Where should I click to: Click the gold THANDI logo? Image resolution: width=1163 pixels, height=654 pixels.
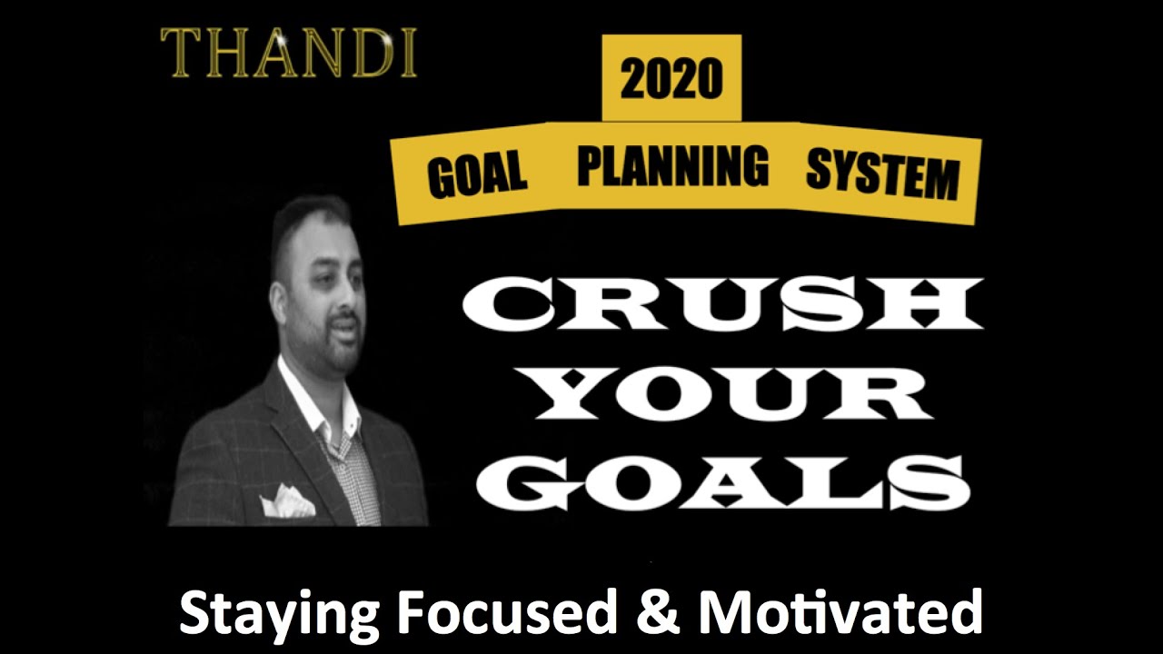tap(289, 53)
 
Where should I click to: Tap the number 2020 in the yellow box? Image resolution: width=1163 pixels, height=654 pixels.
tap(671, 81)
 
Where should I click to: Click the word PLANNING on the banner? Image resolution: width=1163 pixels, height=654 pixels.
tap(672, 166)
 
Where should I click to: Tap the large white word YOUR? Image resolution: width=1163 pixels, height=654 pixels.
tap(722, 392)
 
